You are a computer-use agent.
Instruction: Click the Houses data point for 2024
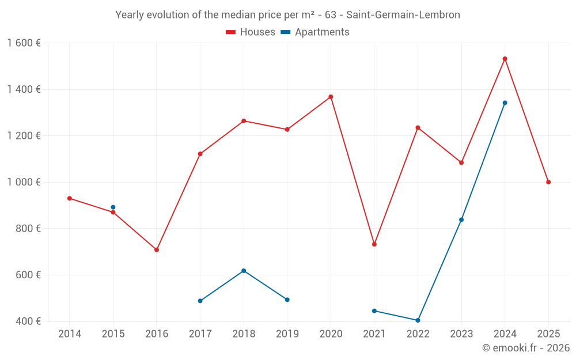click(x=505, y=59)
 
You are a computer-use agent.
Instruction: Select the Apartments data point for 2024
click(x=505, y=103)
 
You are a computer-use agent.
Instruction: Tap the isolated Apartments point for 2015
click(x=113, y=207)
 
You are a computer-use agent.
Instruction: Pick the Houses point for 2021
click(x=374, y=244)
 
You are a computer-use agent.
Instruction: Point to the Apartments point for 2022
click(x=418, y=320)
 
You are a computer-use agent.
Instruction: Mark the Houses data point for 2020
click(x=331, y=97)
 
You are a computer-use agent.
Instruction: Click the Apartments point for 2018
click(x=244, y=271)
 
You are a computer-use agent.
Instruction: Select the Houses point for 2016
click(x=157, y=250)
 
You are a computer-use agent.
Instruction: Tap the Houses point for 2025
click(x=548, y=182)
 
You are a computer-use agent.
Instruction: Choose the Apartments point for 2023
click(x=461, y=219)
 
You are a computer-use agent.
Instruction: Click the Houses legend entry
click(x=251, y=32)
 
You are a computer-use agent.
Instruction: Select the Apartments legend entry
click(x=315, y=32)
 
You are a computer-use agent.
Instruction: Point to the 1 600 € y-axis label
click(x=24, y=43)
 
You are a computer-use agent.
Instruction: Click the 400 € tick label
click(x=28, y=321)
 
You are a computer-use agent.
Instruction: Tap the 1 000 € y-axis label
click(x=24, y=182)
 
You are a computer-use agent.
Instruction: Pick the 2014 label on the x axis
click(x=70, y=334)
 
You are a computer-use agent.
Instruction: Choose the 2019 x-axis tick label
click(x=287, y=334)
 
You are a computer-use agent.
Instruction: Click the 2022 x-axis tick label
click(x=418, y=334)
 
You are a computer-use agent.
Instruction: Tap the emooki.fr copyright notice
click(x=525, y=348)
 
